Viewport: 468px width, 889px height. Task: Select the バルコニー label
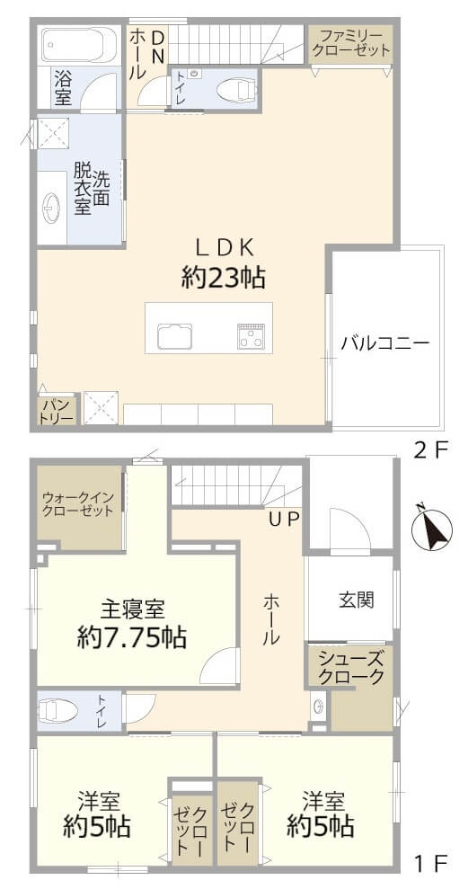(x=384, y=342)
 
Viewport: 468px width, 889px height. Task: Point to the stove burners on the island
(x=250, y=337)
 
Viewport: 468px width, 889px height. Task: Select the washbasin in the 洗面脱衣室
(x=50, y=208)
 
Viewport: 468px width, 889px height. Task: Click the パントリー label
(x=56, y=412)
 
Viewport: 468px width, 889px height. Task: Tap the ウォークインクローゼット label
(x=78, y=503)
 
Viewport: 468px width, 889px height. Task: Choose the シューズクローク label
(x=350, y=668)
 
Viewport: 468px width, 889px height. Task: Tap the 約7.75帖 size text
(x=132, y=638)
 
